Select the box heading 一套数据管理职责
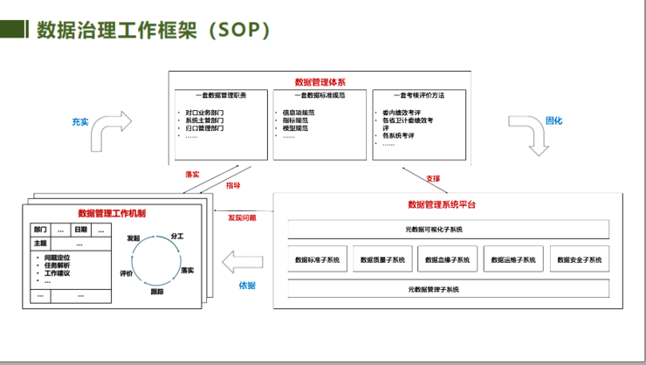click(221, 95)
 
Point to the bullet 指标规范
click(295, 120)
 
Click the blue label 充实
click(81, 122)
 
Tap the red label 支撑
click(433, 178)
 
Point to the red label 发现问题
click(243, 217)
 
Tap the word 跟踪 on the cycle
click(157, 291)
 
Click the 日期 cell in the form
click(80, 229)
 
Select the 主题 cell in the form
click(40, 242)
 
